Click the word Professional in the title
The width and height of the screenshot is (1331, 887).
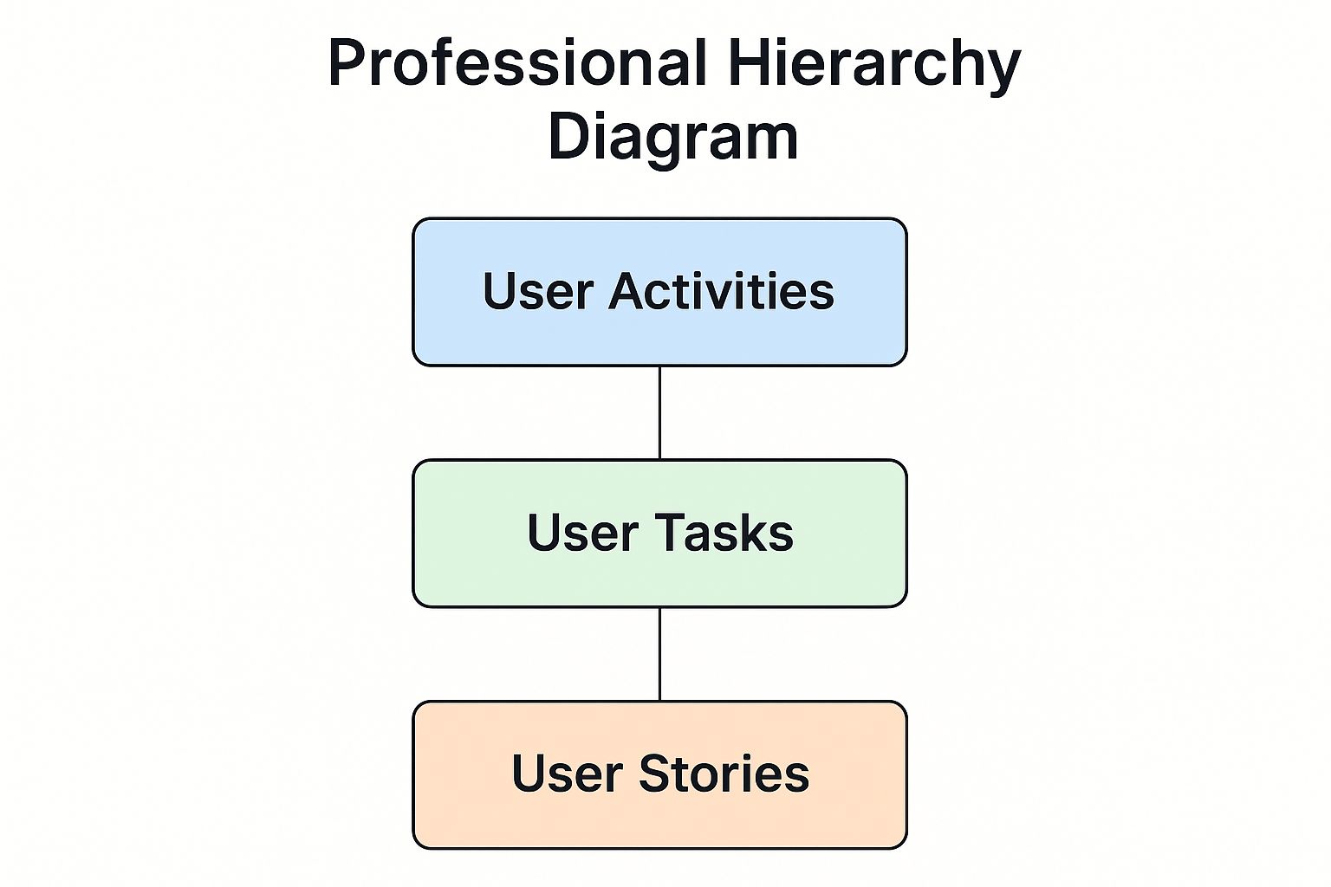[518, 63]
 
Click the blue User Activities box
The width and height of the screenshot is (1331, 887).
[659, 292]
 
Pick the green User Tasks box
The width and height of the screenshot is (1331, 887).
[659, 533]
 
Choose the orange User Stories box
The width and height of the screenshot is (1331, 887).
[659, 774]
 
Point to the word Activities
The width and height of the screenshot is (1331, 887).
[721, 291]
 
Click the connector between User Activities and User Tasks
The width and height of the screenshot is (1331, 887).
[659, 413]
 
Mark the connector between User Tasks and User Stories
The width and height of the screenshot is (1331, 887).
[659, 654]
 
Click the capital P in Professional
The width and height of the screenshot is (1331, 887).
[346, 63]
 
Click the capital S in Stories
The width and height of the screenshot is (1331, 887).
[655, 774]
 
